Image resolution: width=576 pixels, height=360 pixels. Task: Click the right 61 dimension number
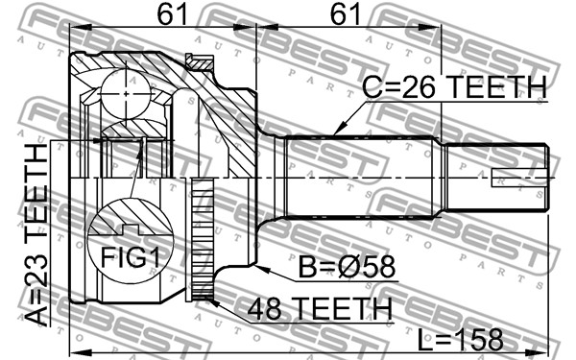346,14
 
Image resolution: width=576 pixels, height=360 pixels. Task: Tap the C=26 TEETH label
454,86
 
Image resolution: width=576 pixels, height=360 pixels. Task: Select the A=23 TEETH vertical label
36,235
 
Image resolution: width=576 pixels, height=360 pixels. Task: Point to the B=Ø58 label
348,267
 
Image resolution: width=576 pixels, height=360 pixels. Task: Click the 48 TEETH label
320,308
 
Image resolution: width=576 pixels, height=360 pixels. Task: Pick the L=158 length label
460,340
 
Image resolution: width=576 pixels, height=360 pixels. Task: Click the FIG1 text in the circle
131,257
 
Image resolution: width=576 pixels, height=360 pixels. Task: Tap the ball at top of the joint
125,94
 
